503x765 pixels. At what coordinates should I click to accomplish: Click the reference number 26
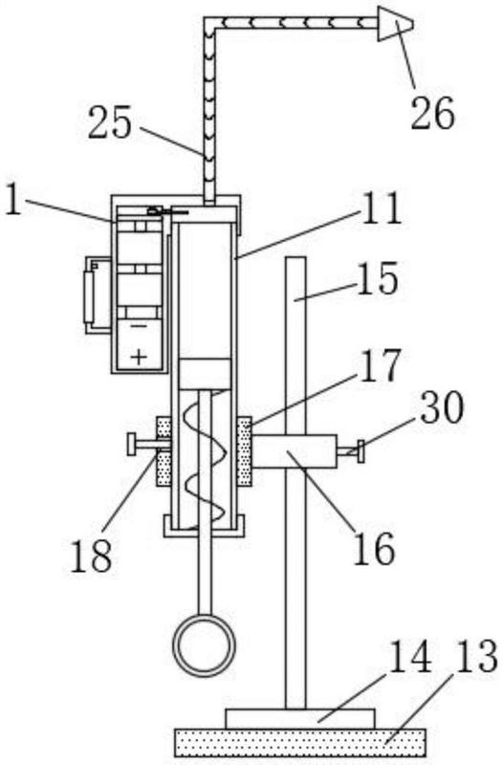click(x=433, y=113)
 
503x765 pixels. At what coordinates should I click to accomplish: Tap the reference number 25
click(x=109, y=121)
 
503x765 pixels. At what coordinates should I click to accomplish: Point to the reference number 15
click(x=377, y=278)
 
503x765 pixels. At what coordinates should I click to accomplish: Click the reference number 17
click(x=380, y=365)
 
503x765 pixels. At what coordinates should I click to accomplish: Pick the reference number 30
click(x=442, y=407)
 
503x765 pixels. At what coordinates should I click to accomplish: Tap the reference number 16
click(x=374, y=548)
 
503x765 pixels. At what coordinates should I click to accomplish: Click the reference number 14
click(x=410, y=656)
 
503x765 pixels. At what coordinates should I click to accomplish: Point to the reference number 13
click(x=476, y=656)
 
